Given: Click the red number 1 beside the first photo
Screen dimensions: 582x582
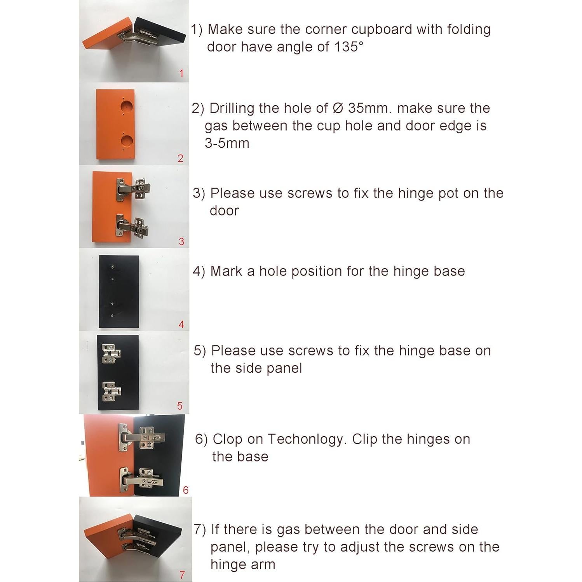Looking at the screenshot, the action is pos(181,73).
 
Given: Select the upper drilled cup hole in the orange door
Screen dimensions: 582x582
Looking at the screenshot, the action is pos(127,105).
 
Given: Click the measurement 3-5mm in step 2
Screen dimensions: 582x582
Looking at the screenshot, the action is pos(227,143).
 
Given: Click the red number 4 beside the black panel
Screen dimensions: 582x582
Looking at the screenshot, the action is pos(181,324).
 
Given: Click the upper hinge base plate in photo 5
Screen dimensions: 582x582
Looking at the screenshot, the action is pos(111,353).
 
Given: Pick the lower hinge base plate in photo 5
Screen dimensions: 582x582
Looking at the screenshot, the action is pos(111,391).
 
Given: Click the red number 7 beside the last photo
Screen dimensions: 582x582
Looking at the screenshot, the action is pos(182,575).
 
